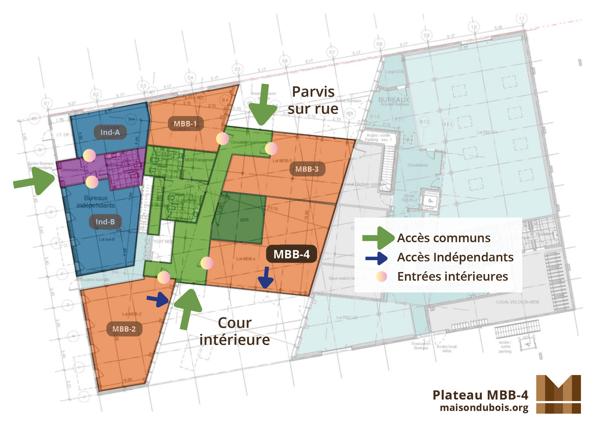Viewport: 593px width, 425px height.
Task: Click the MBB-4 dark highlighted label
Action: coord(291,254)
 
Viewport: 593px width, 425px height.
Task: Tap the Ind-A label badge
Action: coord(110,132)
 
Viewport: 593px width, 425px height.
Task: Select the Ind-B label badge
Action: coord(105,222)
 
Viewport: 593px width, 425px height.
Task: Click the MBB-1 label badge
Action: coord(185,124)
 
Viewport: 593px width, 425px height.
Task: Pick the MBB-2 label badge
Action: coord(124,329)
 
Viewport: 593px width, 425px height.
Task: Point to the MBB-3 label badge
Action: coord(307,169)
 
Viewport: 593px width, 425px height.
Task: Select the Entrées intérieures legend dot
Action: coord(382,277)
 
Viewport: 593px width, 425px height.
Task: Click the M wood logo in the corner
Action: coord(558,394)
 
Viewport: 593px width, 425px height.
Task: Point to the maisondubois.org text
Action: coord(484,408)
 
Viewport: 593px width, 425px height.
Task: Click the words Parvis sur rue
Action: coord(313,100)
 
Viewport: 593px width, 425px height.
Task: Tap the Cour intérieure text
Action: coord(235,331)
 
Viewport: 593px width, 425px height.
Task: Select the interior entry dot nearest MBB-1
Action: coord(222,139)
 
